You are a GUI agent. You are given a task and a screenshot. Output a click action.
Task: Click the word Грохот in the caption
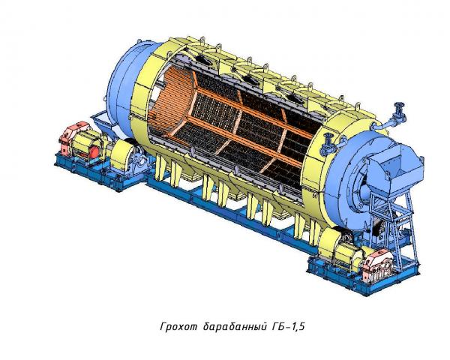(179, 327)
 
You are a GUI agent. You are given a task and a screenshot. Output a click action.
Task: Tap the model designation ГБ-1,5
(287, 327)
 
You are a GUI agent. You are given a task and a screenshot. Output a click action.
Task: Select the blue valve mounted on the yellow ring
(327, 144)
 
